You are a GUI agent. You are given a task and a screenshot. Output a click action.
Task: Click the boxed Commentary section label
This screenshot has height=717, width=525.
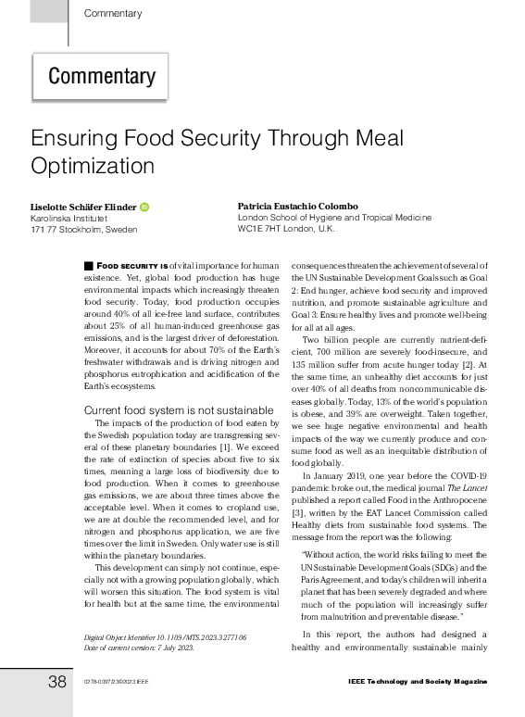click(x=102, y=76)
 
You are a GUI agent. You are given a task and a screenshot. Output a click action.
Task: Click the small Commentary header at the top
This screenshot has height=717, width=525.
click(x=112, y=14)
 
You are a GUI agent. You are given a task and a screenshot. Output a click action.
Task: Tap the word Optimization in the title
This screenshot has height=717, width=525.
click(x=93, y=167)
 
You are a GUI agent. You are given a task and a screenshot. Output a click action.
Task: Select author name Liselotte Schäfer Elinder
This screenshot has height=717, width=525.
click(x=83, y=207)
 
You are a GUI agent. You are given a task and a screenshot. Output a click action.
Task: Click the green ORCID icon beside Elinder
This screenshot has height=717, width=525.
click(x=145, y=207)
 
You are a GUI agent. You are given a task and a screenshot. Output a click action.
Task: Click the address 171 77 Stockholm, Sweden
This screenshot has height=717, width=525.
click(x=83, y=230)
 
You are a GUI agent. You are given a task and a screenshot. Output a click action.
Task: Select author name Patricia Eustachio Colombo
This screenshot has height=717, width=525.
click(x=296, y=206)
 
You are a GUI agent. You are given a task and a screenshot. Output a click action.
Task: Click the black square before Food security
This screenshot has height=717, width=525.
click(x=88, y=266)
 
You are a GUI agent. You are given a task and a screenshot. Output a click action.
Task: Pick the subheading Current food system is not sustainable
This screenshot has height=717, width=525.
click(x=165, y=410)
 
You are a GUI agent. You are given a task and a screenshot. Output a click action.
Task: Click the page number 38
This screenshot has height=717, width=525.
click(x=57, y=683)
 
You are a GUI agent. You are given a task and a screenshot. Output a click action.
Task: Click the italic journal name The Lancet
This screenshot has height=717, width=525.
click(x=470, y=487)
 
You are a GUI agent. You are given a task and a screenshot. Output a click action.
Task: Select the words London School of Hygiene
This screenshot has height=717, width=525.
click(x=291, y=217)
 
